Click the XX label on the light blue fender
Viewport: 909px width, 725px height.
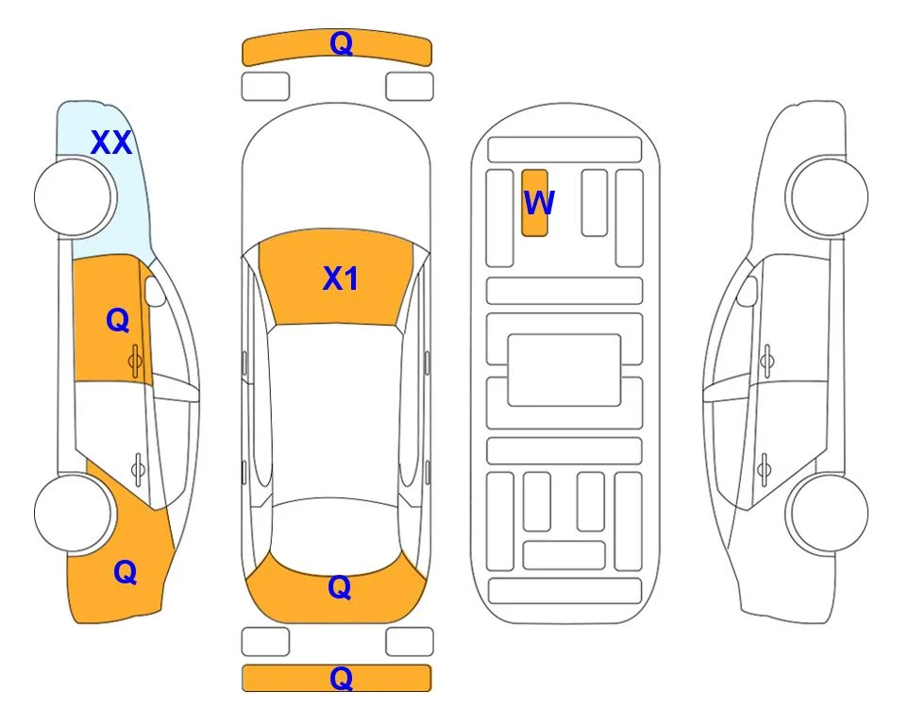point(111,143)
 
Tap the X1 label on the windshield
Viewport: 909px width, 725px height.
point(341,278)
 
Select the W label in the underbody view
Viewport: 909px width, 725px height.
point(539,203)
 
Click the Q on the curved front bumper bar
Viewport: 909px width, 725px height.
point(341,43)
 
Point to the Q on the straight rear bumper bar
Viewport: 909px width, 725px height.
point(341,678)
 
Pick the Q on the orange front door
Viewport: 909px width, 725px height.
point(118,320)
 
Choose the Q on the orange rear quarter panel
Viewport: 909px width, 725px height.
point(126,572)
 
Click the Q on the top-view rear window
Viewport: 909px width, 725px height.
point(340,587)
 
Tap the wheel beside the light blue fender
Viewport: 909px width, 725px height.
point(73,197)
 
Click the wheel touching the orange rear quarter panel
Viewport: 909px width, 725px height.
point(73,513)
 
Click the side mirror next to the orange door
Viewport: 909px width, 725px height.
point(154,291)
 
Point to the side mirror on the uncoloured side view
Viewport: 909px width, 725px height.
point(748,291)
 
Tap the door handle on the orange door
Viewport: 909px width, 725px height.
point(135,361)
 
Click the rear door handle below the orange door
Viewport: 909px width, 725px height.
point(138,468)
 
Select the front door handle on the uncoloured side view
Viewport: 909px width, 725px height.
point(767,361)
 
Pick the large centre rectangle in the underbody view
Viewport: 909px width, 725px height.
point(564,370)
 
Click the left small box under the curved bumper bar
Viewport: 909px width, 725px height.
point(265,87)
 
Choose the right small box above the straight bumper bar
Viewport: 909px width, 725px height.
point(410,642)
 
